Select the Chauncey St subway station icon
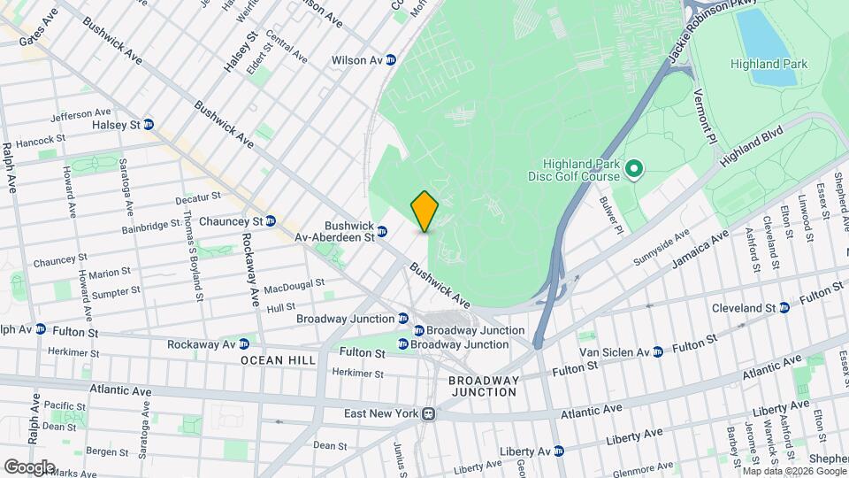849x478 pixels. click(x=271, y=220)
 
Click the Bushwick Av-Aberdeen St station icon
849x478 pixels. click(x=382, y=232)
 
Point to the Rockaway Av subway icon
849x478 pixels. click(x=243, y=343)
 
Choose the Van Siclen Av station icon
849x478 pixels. click(x=656, y=352)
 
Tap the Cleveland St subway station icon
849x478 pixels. click(x=784, y=308)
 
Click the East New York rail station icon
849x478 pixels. click(x=429, y=413)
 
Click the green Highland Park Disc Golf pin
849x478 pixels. click(x=633, y=168)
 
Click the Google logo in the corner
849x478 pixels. click(x=29, y=466)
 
